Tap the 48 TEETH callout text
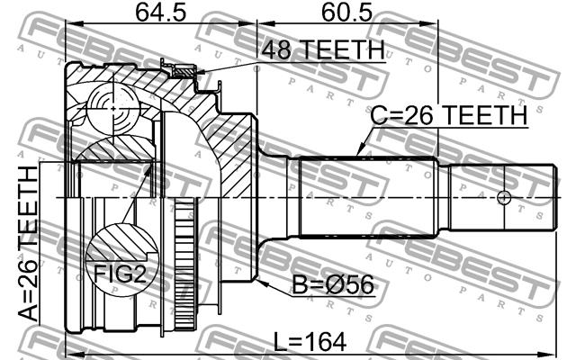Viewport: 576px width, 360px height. click(x=323, y=49)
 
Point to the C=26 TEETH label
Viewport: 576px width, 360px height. click(x=448, y=115)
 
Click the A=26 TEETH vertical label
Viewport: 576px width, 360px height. click(x=28, y=244)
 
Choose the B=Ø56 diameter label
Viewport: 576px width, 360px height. click(x=333, y=284)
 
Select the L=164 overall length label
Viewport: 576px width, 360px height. click(x=310, y=342)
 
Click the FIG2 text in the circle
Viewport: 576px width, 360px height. click(x=120, y=274)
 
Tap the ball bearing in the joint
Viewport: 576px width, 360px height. click(x=114, y=109)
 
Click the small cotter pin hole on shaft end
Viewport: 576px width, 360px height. click(x=504, y=198)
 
